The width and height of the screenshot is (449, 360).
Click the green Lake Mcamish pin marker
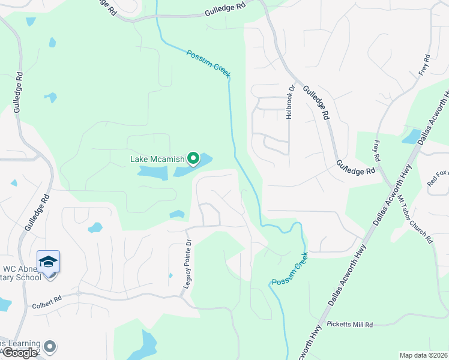point(193,158)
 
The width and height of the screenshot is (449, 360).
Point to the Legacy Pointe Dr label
point(187,268)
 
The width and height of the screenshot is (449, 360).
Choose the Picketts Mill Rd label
point(350,324)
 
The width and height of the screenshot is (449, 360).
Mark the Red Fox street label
point(436,177)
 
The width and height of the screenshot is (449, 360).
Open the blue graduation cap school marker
point(48,262)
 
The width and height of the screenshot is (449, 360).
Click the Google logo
point(19,353)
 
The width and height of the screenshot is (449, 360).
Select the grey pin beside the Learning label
point(50,347)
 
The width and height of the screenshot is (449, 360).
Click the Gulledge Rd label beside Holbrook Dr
point(316,101)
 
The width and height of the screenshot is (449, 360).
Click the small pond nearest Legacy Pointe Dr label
point(177,214)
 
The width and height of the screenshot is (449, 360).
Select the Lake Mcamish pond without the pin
point(152,173)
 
